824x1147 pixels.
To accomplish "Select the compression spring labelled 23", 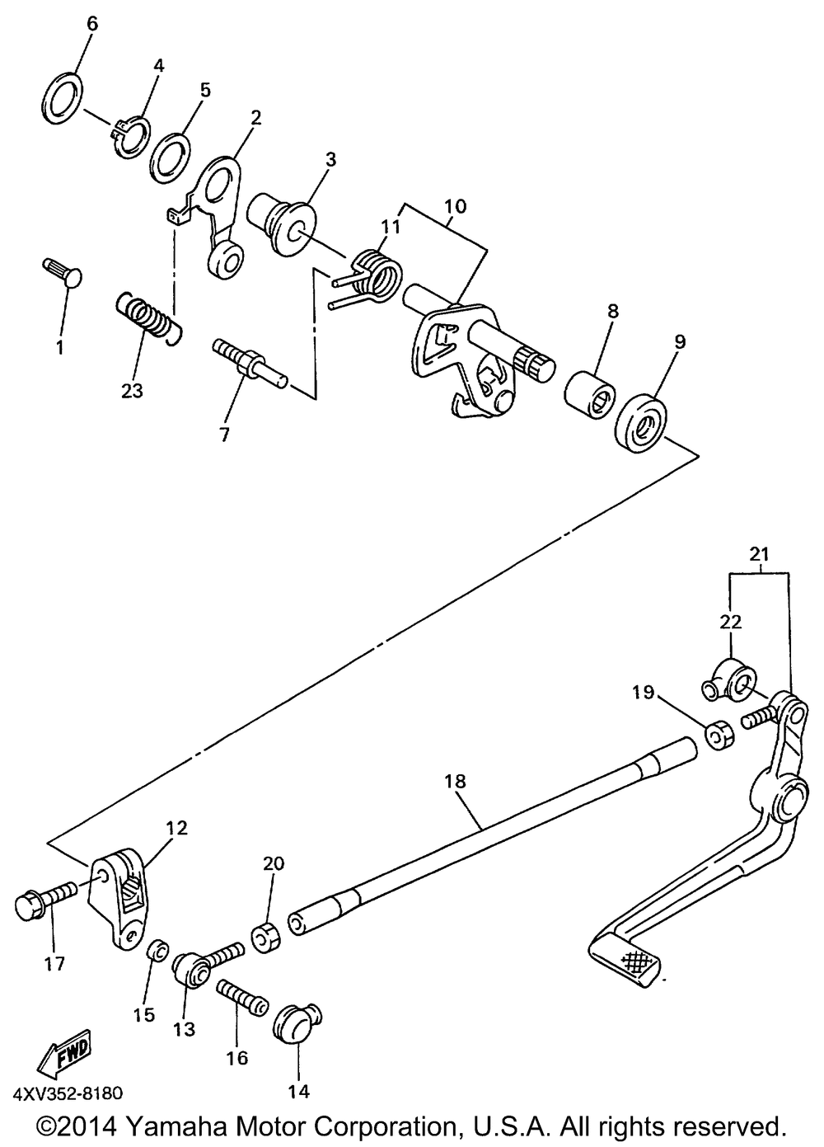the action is [x=147, y=318].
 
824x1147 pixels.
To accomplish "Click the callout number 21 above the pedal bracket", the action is [x=760, y=554].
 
